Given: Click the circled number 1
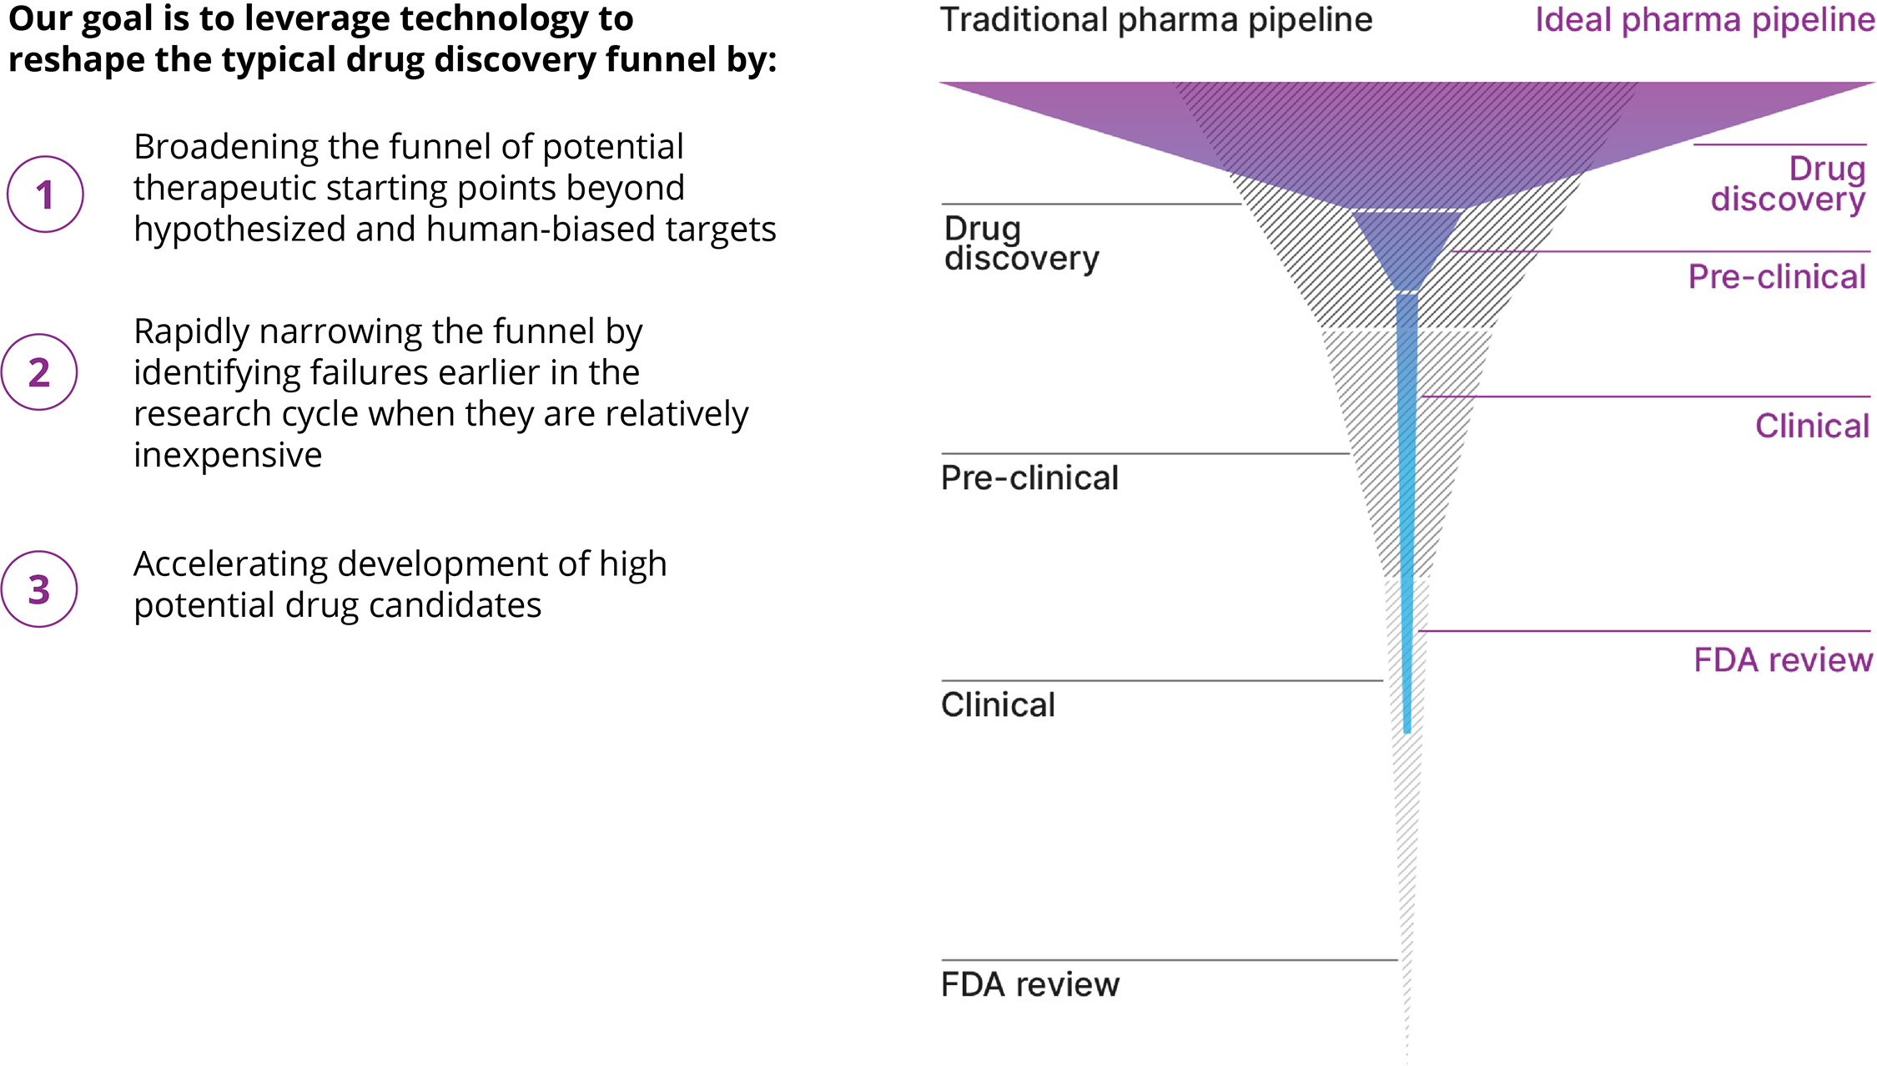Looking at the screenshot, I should coord(45,195).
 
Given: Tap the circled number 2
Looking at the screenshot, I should coord(39,372).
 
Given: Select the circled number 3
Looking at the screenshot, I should coord(39,589).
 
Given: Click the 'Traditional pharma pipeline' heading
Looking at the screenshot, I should coord(1155,20).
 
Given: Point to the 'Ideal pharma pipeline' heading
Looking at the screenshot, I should coord(1704,20).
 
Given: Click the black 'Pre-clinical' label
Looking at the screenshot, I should coord(1029,478).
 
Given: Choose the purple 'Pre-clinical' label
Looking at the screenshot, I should coord(1776,277).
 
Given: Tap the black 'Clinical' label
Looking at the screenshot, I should coord(998,705).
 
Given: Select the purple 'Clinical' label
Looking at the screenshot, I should coord(1811,427).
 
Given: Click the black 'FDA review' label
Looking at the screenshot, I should coord(1029,985).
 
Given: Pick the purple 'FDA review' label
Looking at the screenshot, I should coord(1783,660).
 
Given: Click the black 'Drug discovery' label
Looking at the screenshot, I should coord(1020,244).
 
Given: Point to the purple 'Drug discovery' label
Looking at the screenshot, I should coord(1788,184).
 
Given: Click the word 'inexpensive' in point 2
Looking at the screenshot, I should coord(228,456).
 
